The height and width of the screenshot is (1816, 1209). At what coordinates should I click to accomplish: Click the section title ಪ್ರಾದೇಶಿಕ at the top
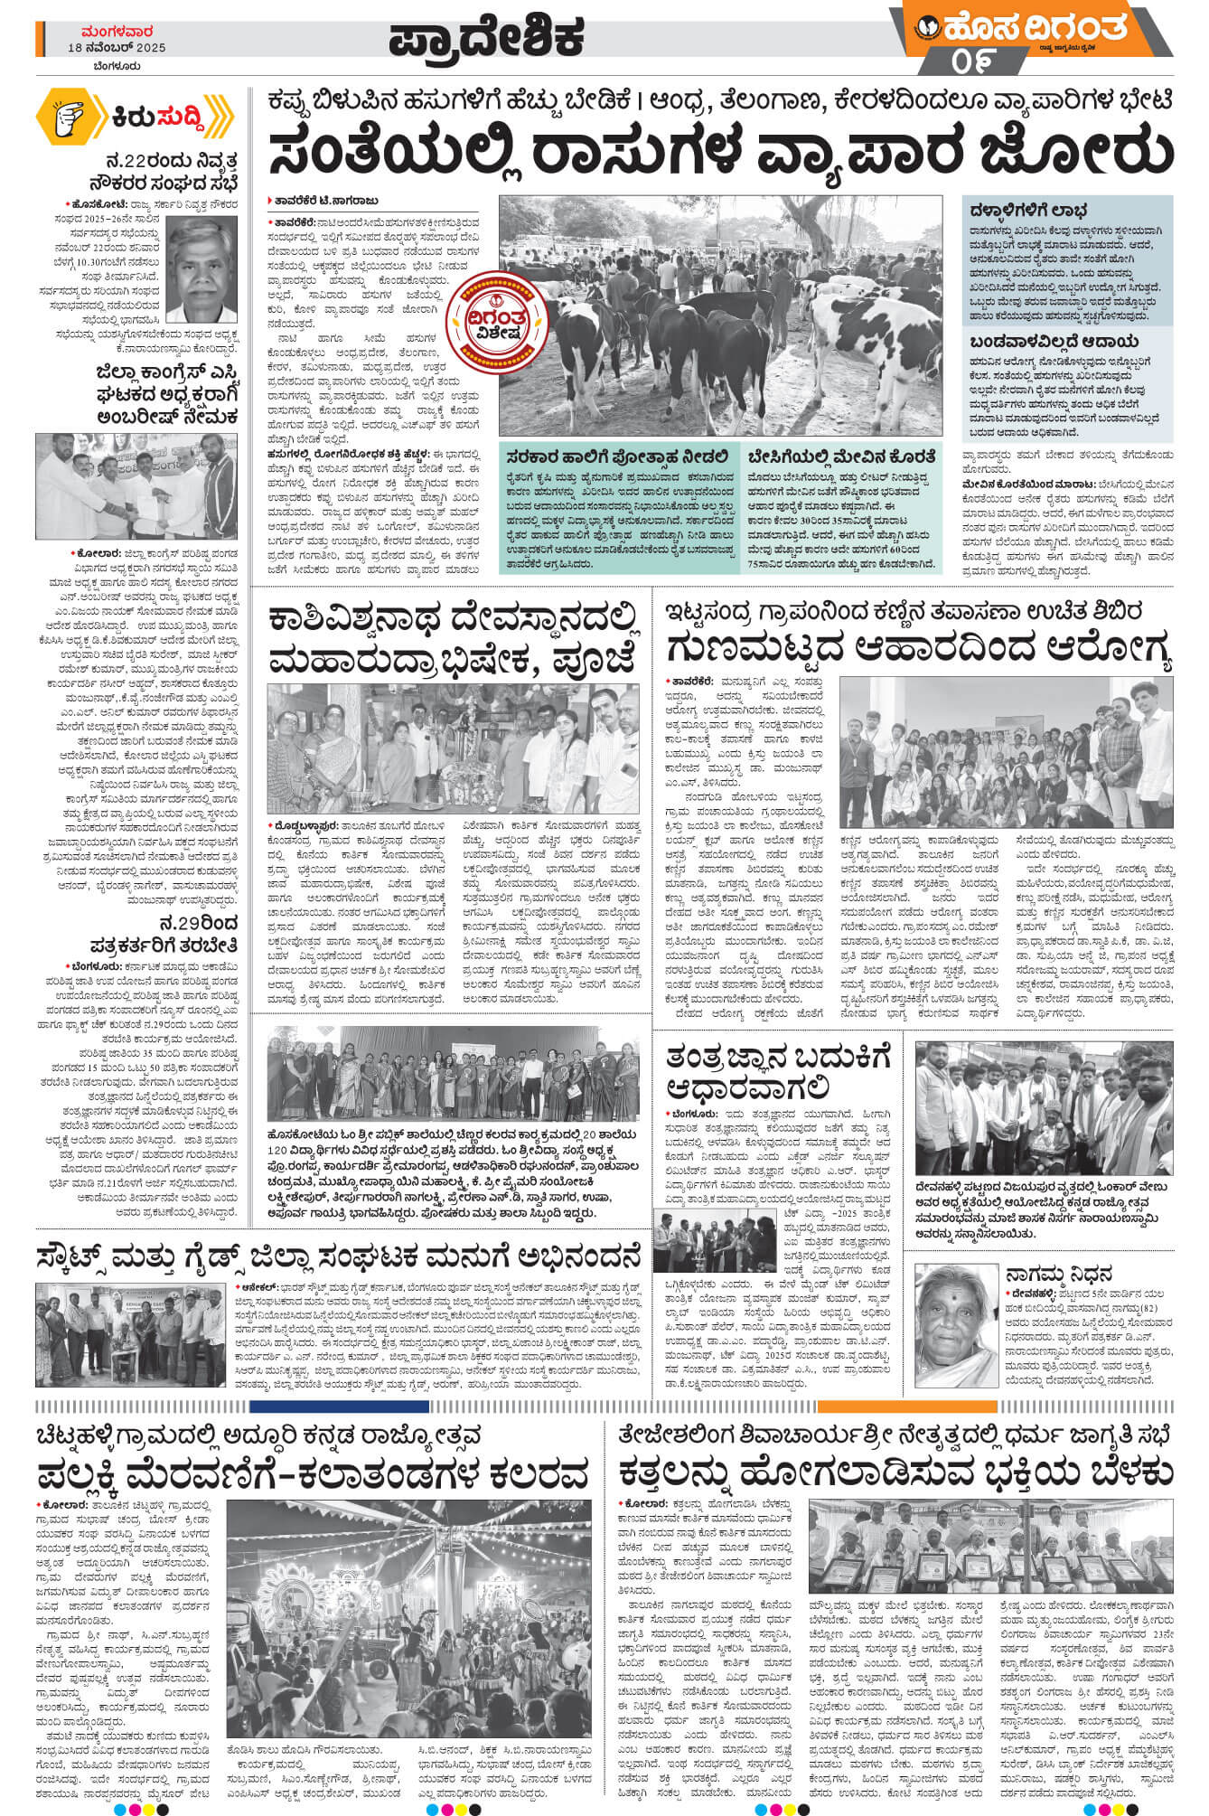click(x=486, y=37)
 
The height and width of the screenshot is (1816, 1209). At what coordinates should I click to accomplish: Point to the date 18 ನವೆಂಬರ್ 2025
click(x=117, y=47)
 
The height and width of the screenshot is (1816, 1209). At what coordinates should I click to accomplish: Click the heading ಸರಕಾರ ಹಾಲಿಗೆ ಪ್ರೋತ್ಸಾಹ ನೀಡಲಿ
click(x=617, y=456)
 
